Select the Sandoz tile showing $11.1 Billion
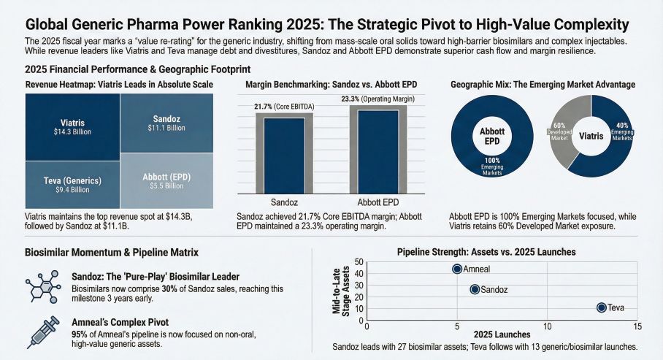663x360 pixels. click(166, 123)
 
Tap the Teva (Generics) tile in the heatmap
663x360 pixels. click(71, 185)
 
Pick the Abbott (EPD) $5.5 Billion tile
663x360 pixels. click(166, 181)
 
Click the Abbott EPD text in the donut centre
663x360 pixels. click(486, 136)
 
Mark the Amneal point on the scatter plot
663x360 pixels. click(457, 269)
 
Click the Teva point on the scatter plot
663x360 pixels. click(602, 308)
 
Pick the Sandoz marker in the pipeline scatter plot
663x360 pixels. click(475, 289)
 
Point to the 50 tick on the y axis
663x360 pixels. click(359, 261)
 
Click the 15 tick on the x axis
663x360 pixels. click(637, 326)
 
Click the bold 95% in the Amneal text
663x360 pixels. click(80, 333)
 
